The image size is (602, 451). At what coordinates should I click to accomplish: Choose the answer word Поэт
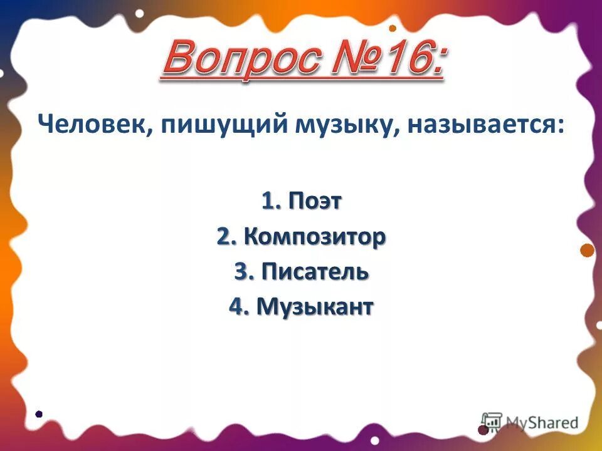point(315,202)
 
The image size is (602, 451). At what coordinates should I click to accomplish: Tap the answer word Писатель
point(314,272)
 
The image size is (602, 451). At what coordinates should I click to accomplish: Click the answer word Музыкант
point(315,307)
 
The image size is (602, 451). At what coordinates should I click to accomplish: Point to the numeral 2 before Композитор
point(223,237)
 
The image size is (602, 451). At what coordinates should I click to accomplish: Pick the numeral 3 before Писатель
point(241,272)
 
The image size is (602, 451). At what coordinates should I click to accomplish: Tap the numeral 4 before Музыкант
point(236,307)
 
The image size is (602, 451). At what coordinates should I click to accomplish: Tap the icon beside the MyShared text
point(491,422)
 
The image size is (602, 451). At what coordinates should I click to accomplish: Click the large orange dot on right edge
point(587,251)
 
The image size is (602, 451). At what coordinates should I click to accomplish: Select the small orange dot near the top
point(393,28)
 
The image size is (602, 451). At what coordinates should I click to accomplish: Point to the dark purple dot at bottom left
point(39,414)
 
